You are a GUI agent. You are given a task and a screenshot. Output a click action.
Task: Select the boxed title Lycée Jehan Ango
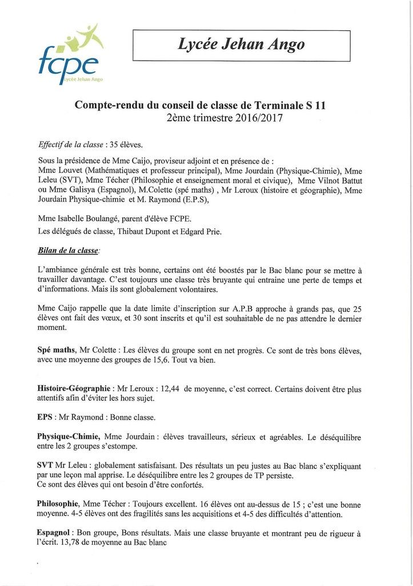coord(240,45)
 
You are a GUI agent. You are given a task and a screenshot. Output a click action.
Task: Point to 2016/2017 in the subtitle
coord(259,118)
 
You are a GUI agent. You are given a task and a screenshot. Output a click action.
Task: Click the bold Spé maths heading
coord(59,350)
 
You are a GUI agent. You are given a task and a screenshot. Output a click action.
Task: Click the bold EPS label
coord(47,417)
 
